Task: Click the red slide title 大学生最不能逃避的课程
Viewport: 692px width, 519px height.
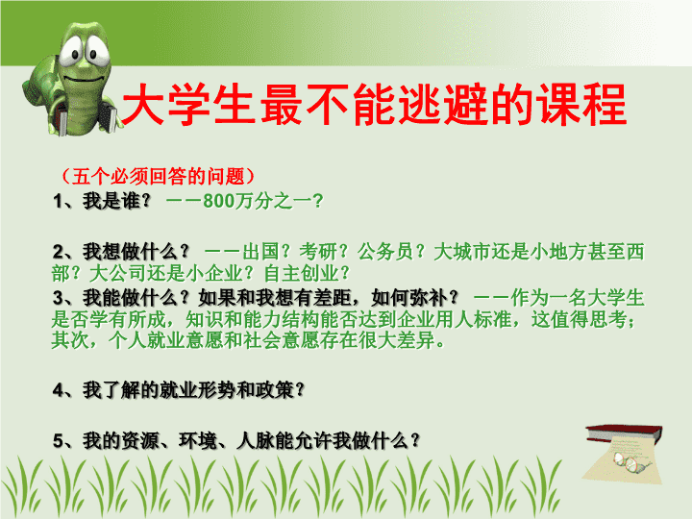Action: [374, 105]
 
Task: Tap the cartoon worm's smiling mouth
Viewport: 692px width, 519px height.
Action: [85, 79]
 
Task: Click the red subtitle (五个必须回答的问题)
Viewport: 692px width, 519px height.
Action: [158, 176]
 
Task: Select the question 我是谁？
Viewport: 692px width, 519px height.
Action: [117, 201]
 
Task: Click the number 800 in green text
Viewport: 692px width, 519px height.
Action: [218, 201]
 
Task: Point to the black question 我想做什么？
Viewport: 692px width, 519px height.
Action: [136, 252]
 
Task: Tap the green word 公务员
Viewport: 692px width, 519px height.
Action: [385, 252]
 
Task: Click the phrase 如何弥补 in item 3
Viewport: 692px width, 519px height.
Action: [409, 298]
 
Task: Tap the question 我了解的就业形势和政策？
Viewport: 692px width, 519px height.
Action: [194, 389]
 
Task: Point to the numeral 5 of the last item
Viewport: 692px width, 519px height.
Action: [59, 441]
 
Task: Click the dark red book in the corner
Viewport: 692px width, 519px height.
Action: [625, 433]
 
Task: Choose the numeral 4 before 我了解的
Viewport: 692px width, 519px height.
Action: [59, 390]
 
